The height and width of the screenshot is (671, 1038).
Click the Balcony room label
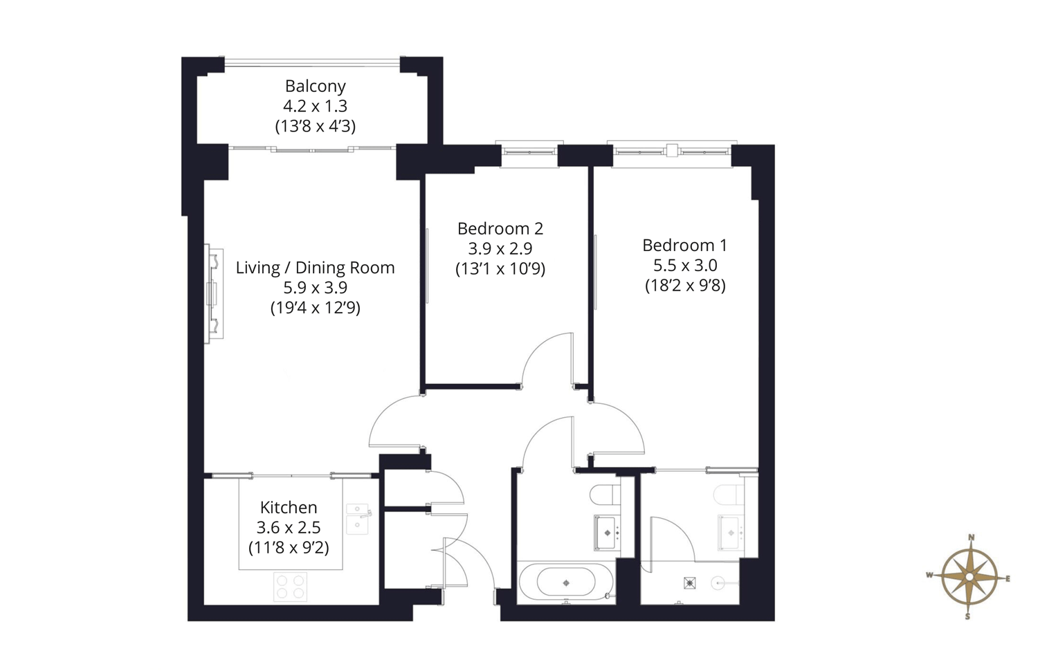pyautogui.click(x=315, y=86)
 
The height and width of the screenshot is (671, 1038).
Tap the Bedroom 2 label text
pyautogui.click(x=500, y=228)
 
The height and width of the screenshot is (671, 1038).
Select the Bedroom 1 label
pyautogui.click(x=685, y=245)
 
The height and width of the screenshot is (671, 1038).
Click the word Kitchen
pyautogui.click(x=289, y=507)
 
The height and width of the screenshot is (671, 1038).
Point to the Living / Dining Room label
pyautogui.click(x=315, y=268)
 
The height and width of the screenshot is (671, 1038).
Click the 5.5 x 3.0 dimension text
pyautogui.click(x=685, y=266)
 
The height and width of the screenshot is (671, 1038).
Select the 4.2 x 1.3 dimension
pyautogui.click(x=315, y=106)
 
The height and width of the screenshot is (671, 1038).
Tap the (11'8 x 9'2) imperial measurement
pyautogui.click(x=289, y=548)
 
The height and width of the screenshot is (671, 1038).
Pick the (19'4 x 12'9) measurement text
pyautogui.click(x=315, y=307)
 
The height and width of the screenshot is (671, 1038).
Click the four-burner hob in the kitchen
pyautogui.click(x=290, y=587)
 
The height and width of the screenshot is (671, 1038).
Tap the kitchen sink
pyautogui.click(x=358, y=518)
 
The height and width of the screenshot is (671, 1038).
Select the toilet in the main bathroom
pyautogui.click(x=605, y=495)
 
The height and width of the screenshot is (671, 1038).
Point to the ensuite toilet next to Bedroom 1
pyautogui.click(x=729, y=495)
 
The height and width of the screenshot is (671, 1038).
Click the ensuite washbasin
pyautogui.click(x=731, y=533)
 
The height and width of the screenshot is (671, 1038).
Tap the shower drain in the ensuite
pyautogui.click(x=689, y=583)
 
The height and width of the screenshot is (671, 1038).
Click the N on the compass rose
pyautogui.click(x=971, y=537)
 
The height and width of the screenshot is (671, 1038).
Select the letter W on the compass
pyautogui.click(x=929, y=575)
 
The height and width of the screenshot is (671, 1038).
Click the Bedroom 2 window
pyautogui.click(x=529, y=152)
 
